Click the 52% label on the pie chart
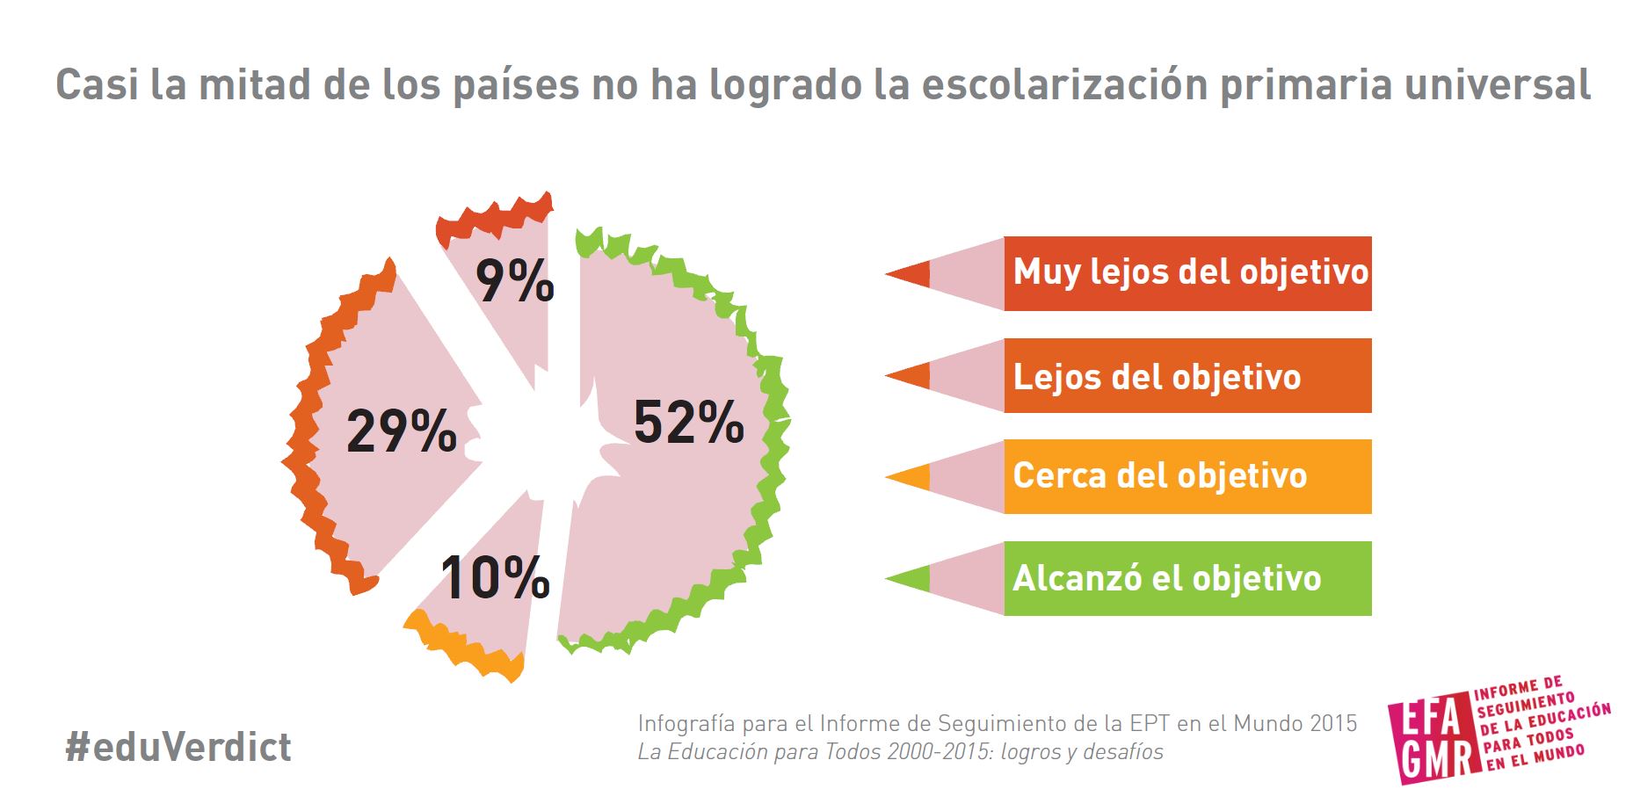(689, 423)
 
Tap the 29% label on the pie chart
(402, 431)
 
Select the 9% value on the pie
(515, 281)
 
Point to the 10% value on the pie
(495, 578)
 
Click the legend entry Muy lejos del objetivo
(1190, 272)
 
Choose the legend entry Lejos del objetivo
(1157, 377)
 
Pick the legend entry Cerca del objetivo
(1160, 476)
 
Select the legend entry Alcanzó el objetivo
(1166, 578)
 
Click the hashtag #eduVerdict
(178, 747)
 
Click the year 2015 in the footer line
(1333, 723)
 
